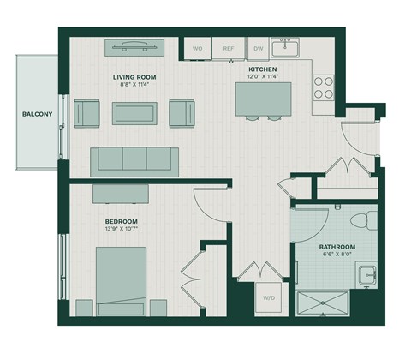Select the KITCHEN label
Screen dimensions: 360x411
[x=262, y=69]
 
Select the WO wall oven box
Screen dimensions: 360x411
[x=196, y=49]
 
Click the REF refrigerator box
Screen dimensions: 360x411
[x=228, y=49]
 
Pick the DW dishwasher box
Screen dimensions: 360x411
[x=258, y=49]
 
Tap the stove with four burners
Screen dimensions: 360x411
[x=324, y=87]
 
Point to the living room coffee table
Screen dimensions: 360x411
[x=135, y=112]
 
